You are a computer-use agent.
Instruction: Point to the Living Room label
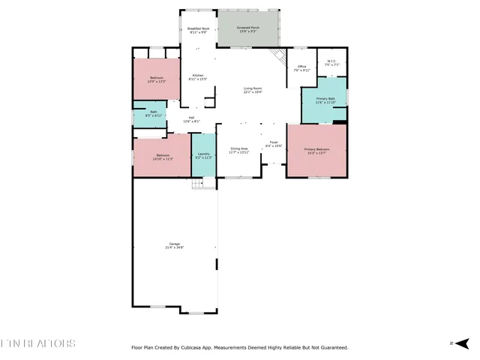point(253,90)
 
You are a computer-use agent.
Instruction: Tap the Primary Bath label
point(325,100)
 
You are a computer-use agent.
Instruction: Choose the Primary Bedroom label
point(316,151)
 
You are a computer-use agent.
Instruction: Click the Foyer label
point(274,143)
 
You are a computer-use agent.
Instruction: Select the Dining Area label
point(239,150)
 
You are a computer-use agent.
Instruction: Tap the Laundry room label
point(203,155)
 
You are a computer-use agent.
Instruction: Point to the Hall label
point(191,118)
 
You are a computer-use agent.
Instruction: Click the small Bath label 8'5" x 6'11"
point(153,114)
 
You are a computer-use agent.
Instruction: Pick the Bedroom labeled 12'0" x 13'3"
point(157,79)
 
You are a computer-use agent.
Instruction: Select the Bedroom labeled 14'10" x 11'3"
point(163,157)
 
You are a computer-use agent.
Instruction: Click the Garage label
point(175,245)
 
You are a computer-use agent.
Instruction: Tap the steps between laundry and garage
point(198,183)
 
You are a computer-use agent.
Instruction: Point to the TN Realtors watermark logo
point(37,343)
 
